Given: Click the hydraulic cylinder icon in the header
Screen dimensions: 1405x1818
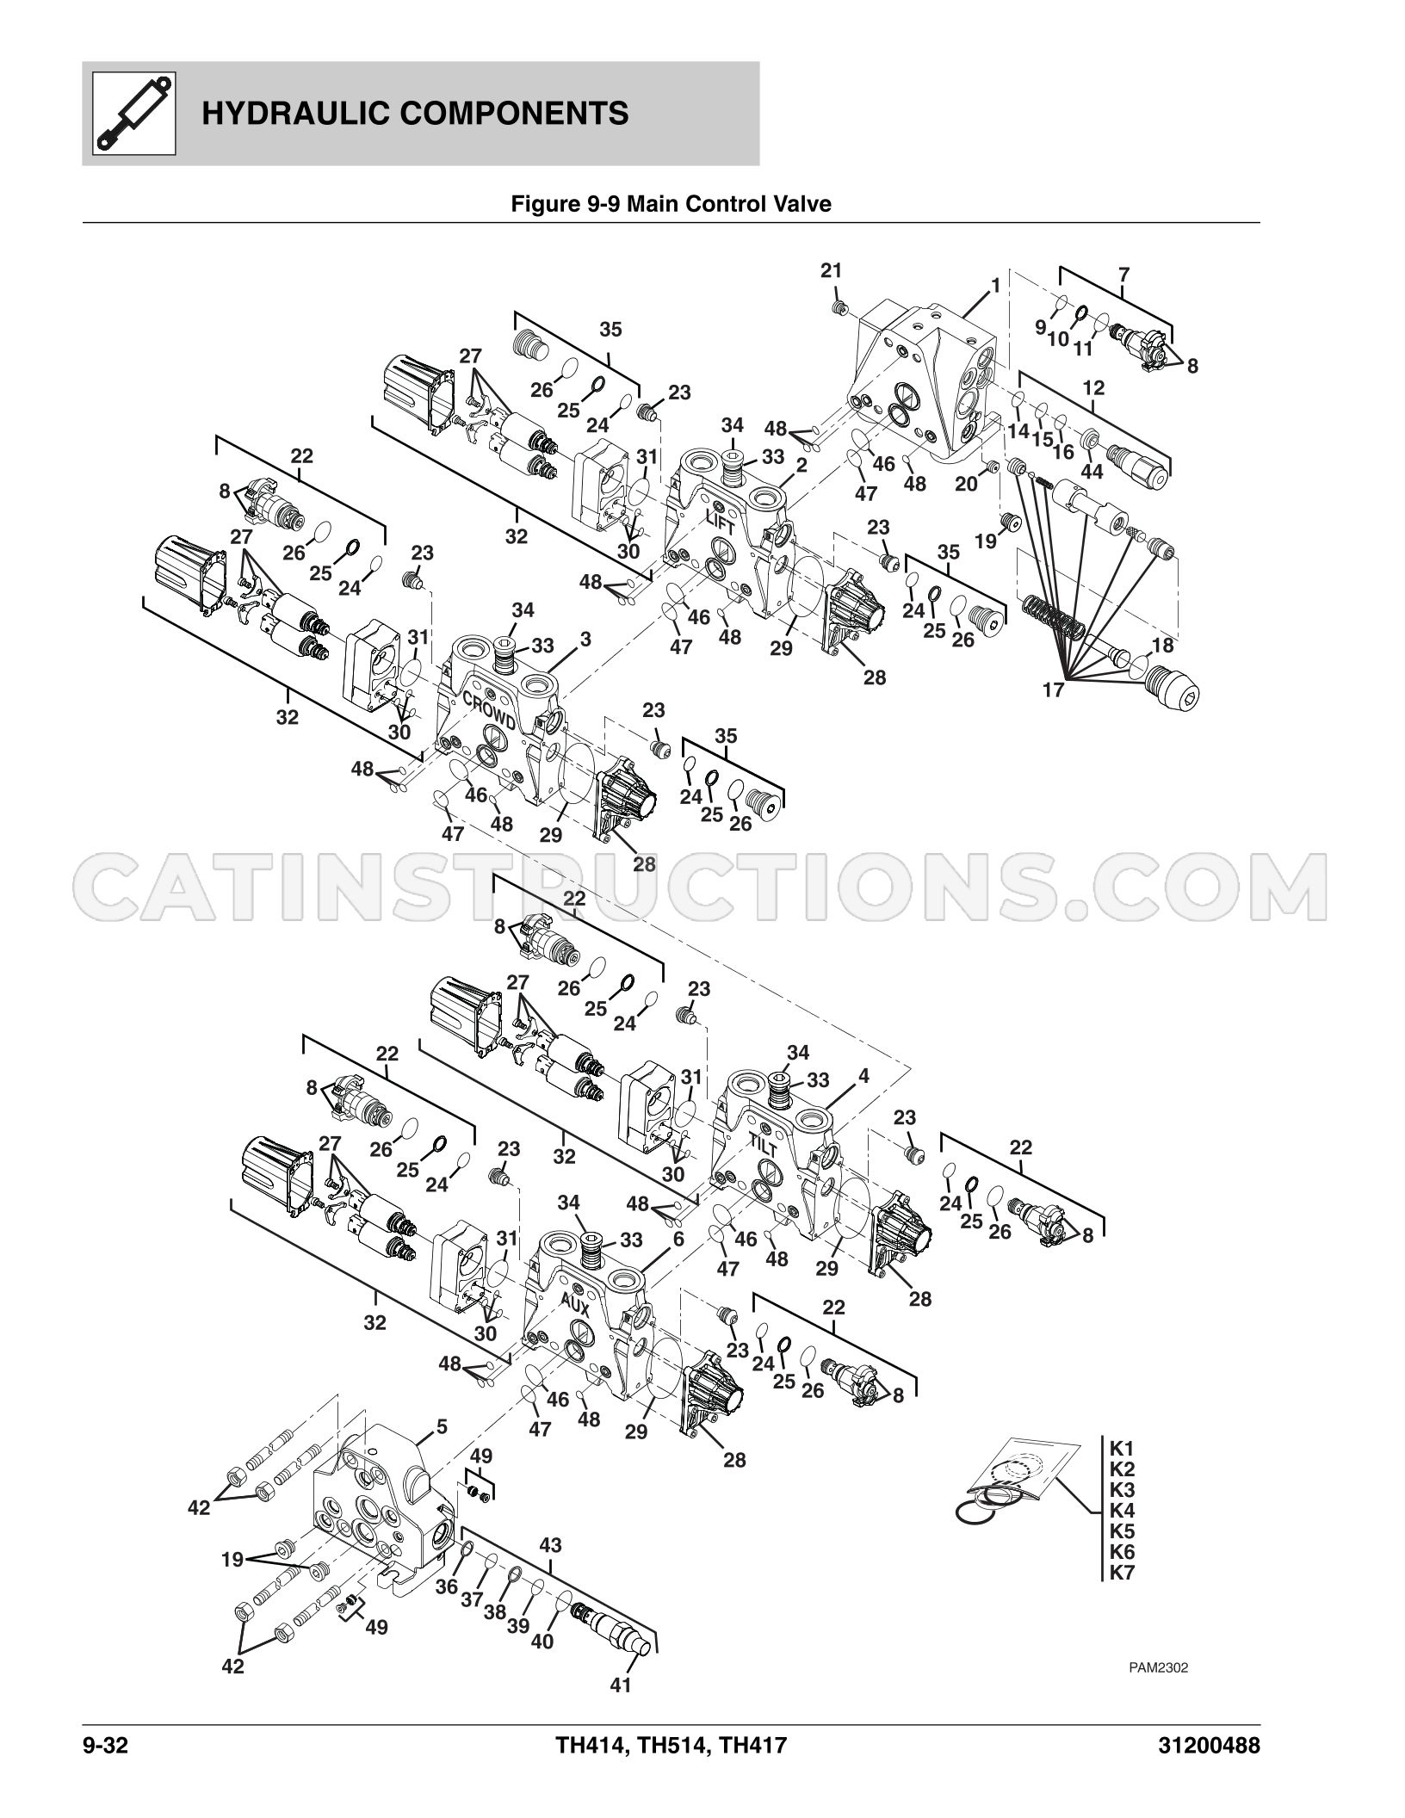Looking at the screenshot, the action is tap(133, 114).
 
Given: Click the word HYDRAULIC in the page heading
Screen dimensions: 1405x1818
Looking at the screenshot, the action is tap(297, 114).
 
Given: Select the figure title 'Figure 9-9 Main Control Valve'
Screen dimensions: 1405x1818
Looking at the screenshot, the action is tap(671, 204).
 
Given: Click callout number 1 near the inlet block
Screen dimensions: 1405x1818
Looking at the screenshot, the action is tap(995, 286).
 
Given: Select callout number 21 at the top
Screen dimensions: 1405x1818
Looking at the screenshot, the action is tap(831, 270).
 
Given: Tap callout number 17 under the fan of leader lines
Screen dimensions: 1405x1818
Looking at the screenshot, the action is tap(1054, 689).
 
